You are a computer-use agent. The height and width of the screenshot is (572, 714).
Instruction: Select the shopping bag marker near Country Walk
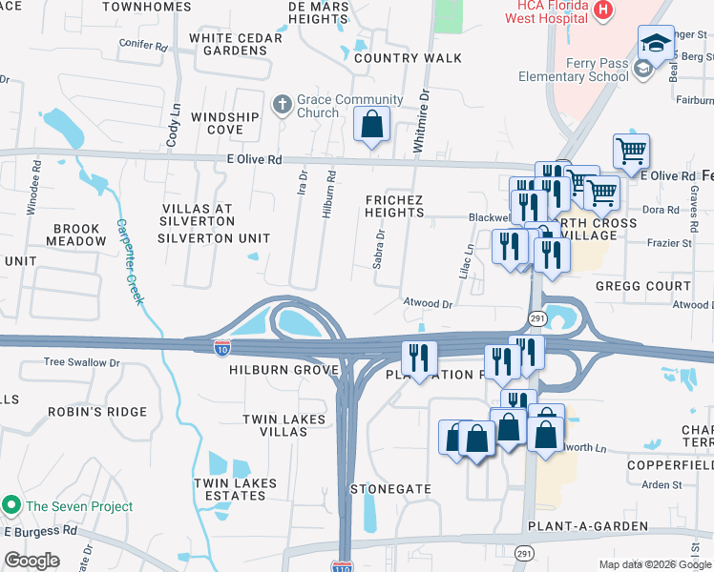coord(371,124)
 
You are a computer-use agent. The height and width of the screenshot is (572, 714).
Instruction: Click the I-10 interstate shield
coord(221,349)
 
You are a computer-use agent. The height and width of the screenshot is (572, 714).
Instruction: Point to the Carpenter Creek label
coord(130,261)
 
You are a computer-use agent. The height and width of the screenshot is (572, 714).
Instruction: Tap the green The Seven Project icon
coord(11,504)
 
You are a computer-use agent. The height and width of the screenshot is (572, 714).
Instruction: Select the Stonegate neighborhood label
coord(390,488)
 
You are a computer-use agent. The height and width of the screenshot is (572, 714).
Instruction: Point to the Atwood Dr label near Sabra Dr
coord(426,304)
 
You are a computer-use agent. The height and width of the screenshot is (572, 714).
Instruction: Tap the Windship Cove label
coord(224,123)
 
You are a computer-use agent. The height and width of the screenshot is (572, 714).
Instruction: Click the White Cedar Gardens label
coord(235,44)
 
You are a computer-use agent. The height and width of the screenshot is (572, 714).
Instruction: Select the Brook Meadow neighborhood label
coord(79,235)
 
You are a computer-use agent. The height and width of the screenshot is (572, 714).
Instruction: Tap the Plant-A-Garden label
coord(587,526)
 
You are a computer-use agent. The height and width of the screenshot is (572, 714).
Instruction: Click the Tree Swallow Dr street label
coord(82,363)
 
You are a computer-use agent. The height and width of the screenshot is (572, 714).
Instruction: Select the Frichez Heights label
coord(394,205)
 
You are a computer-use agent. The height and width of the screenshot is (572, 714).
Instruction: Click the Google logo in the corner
coord(32,561)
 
